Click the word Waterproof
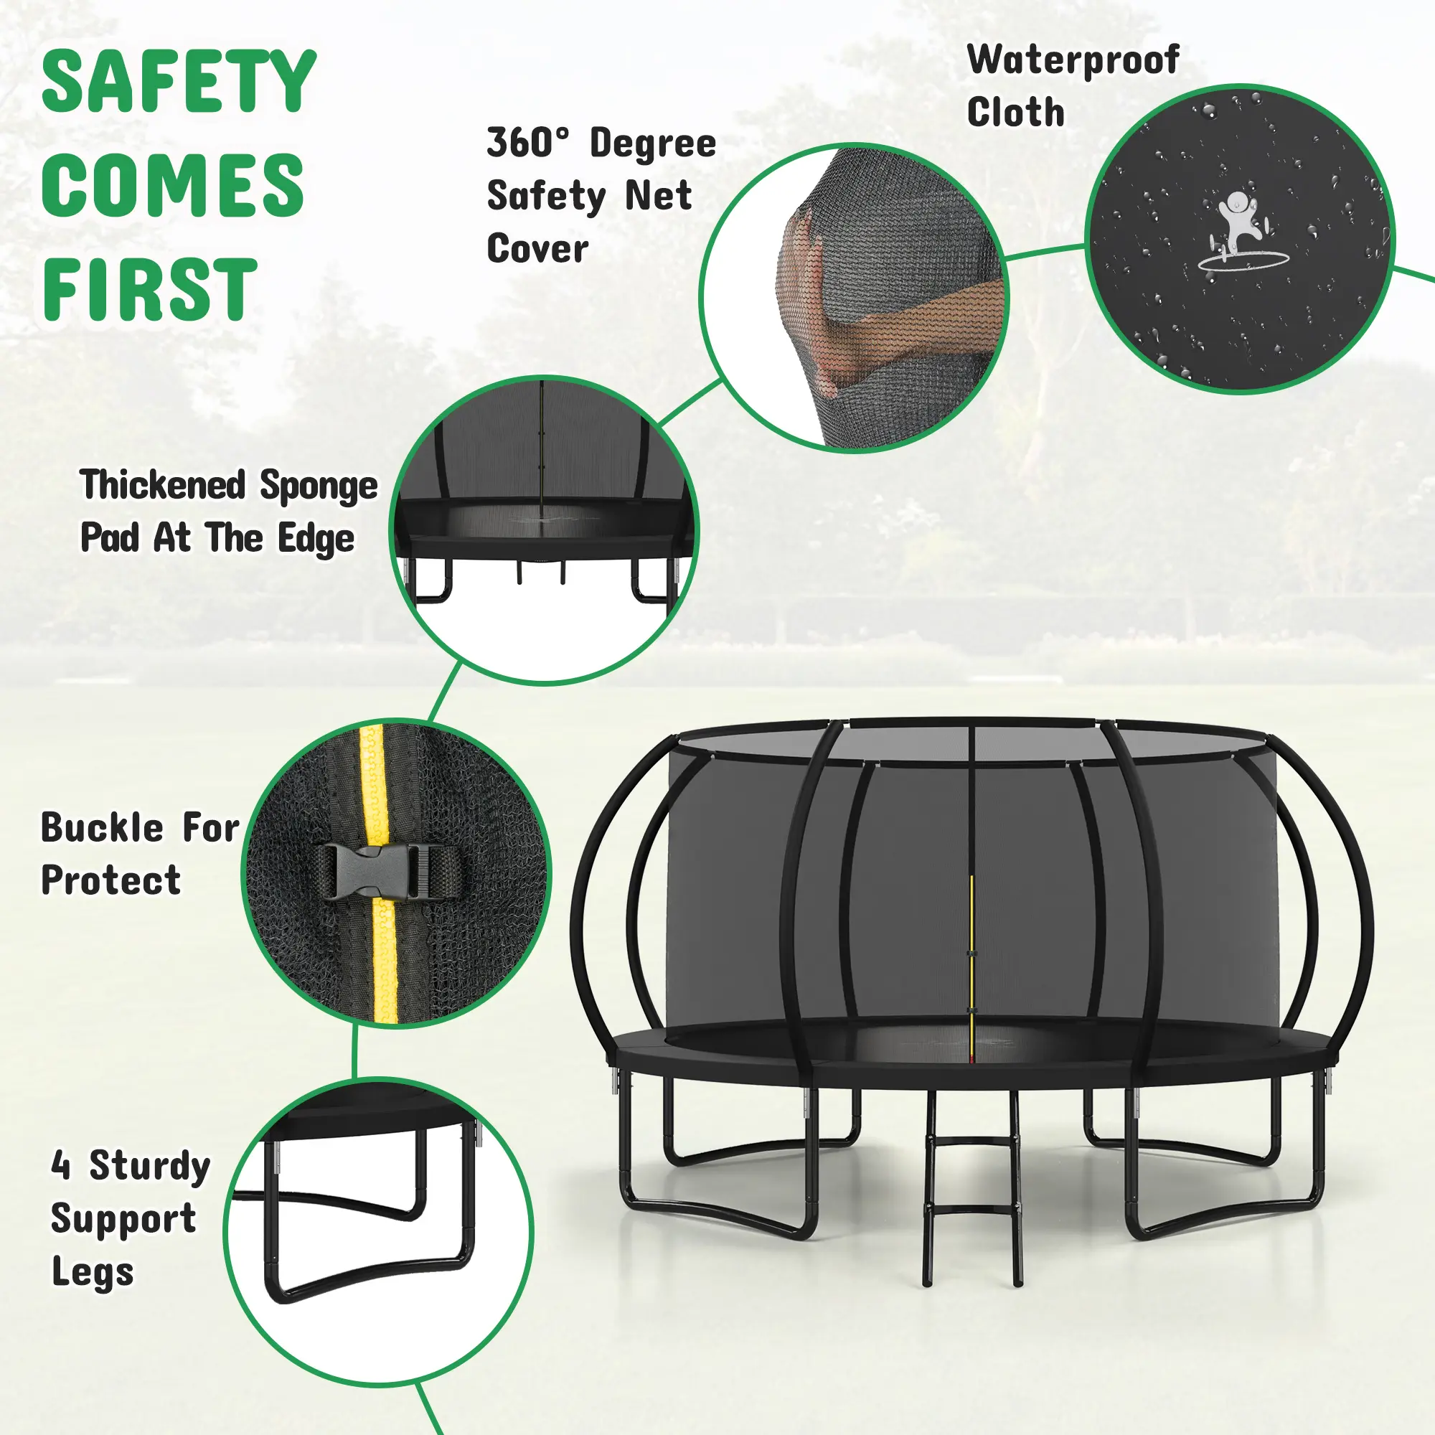[1073, 61]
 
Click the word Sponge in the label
[319, 486]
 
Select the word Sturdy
[150, 1165]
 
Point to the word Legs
[93, 1273]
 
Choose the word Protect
[110, 881]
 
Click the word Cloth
[1015, 113]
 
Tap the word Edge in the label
[316, 540]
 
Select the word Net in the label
[658, 196]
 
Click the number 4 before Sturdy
[61, 1165]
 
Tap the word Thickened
[163, 485]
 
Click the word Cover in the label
[537, 249]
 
